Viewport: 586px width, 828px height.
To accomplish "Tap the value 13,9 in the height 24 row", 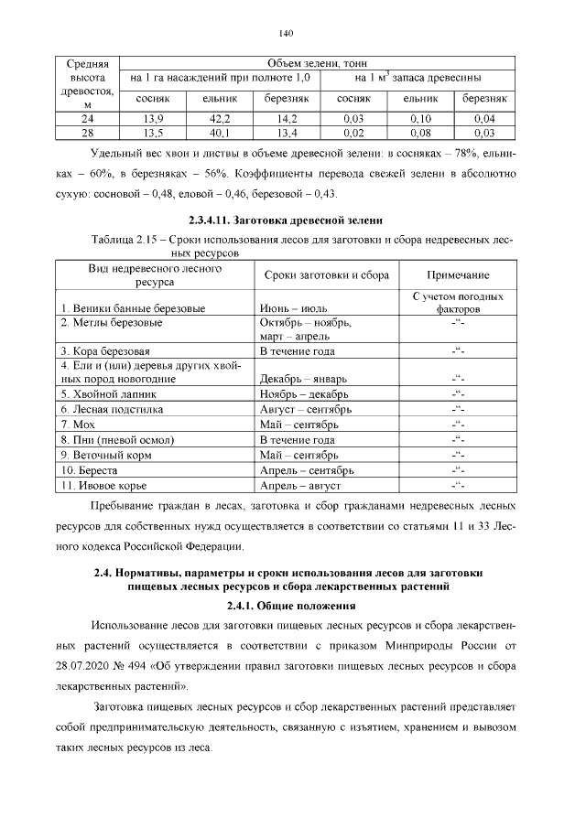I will pyautogui.click(x=154, y=119).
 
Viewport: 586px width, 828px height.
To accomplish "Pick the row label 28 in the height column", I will pyautogui.click(x=88, y=132).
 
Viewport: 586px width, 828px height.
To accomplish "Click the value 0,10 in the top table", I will pyautogui.click(x=420, y=119).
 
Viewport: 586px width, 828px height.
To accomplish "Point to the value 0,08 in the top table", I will pyautogui.click(x=420, y=132).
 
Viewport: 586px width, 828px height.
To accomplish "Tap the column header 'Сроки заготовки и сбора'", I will pyautogui.click(x=327, y=275).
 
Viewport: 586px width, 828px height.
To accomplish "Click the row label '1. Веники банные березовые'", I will pyautogui.click(x=133, y=308).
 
